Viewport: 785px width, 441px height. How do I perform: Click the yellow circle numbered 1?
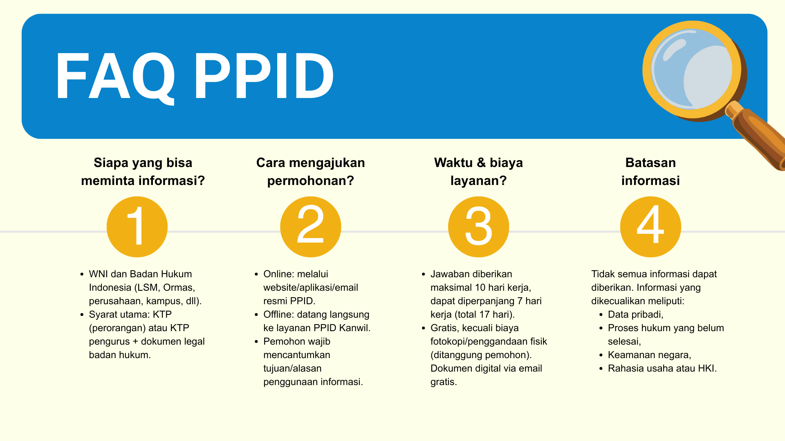137,227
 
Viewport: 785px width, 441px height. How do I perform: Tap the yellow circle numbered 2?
310,227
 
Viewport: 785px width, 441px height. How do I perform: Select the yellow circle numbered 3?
478,227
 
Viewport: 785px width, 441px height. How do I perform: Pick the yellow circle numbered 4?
650,227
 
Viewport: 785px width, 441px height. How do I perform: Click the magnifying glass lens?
692,70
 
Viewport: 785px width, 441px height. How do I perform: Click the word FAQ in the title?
115,76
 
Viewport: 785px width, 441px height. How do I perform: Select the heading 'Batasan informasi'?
650,171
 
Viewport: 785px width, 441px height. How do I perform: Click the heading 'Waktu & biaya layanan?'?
478,171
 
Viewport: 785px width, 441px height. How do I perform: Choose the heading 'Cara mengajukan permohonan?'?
310,171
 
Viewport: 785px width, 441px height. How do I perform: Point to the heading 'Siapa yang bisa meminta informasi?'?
143,171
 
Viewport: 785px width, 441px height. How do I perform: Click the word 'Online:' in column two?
279,274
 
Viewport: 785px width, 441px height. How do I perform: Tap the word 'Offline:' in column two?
279,314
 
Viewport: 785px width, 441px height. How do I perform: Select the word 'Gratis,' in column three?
445,328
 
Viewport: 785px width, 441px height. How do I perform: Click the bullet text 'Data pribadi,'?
635,314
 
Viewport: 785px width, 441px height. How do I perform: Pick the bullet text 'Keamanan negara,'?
649,355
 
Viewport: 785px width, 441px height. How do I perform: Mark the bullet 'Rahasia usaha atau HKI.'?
662,368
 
